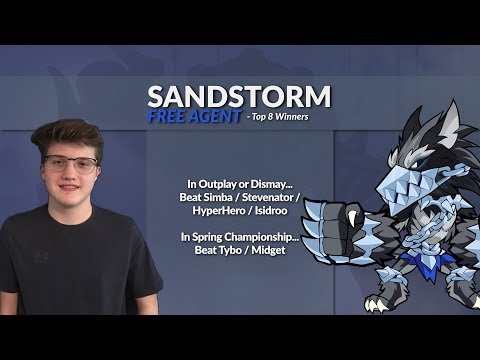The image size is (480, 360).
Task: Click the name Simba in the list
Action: click(x=228, y=198)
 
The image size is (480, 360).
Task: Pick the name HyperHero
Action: click(x=223, y=212)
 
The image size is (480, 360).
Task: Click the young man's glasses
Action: click(x=72, y=165)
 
